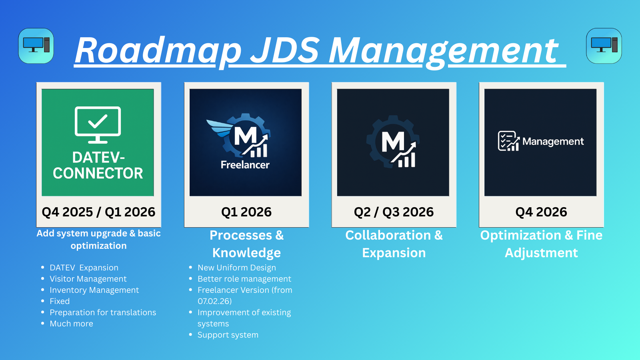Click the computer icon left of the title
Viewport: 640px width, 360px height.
[36, 46]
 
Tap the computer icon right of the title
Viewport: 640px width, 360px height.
[604, 46]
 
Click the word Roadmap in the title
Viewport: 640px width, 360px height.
[158, 50]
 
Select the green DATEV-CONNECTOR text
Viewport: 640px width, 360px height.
[98, 166]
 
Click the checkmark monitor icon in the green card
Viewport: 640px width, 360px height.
[98, 124]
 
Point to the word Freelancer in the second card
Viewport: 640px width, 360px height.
[245, 165]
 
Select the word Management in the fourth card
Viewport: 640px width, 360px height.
[553, 142]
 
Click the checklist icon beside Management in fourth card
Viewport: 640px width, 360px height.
[508, 141]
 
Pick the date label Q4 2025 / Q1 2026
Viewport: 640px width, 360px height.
[98, 212]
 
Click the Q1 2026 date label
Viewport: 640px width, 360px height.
[246, 212]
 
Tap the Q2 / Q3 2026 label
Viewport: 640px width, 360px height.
[394, 212]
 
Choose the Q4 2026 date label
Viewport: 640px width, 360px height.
[541, 212]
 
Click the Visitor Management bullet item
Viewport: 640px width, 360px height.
[88, 279]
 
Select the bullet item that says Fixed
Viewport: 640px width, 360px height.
[60, 301]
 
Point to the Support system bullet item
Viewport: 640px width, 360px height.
[228, 335]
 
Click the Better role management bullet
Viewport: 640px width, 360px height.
[244, 279]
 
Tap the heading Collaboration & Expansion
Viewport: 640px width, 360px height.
[394, 244]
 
